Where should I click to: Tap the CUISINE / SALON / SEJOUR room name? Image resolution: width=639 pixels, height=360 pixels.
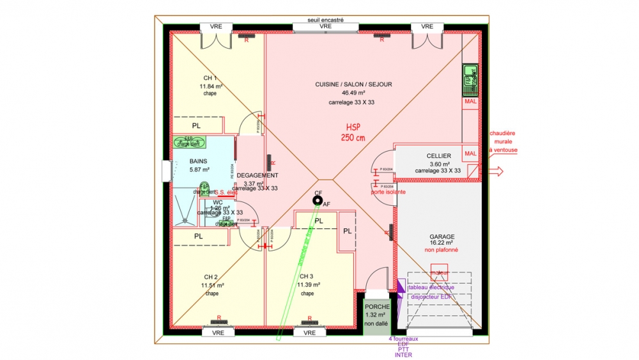pos(353,84)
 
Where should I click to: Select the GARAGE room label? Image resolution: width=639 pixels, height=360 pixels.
pos(442,236)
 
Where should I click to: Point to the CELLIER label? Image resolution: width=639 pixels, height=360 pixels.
pos(438,156)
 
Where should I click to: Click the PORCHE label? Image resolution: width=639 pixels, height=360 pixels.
pos(377,307)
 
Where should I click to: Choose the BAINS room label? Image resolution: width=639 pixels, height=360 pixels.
pos(199,161)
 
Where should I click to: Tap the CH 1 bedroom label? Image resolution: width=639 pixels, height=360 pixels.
pos(210,78)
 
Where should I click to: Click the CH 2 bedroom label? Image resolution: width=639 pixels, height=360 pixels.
pos(212,277)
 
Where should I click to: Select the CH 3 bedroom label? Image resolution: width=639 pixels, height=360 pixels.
pos(307,277)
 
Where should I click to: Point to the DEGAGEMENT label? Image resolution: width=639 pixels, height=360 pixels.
pos(258,175)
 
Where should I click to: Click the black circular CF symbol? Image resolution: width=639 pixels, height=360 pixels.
pos(317,201)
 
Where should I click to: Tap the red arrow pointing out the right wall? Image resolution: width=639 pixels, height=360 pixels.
pos(496,171)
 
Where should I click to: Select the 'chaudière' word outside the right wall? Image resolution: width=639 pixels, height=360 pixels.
pos(502,134)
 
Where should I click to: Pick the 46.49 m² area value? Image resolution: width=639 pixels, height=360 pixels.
pos(353,93)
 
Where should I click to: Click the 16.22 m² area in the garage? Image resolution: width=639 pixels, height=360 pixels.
pos(442,243)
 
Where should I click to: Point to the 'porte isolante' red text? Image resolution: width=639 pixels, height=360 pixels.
pos(389,192)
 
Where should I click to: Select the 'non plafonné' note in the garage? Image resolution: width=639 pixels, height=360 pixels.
pos(442,250)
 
